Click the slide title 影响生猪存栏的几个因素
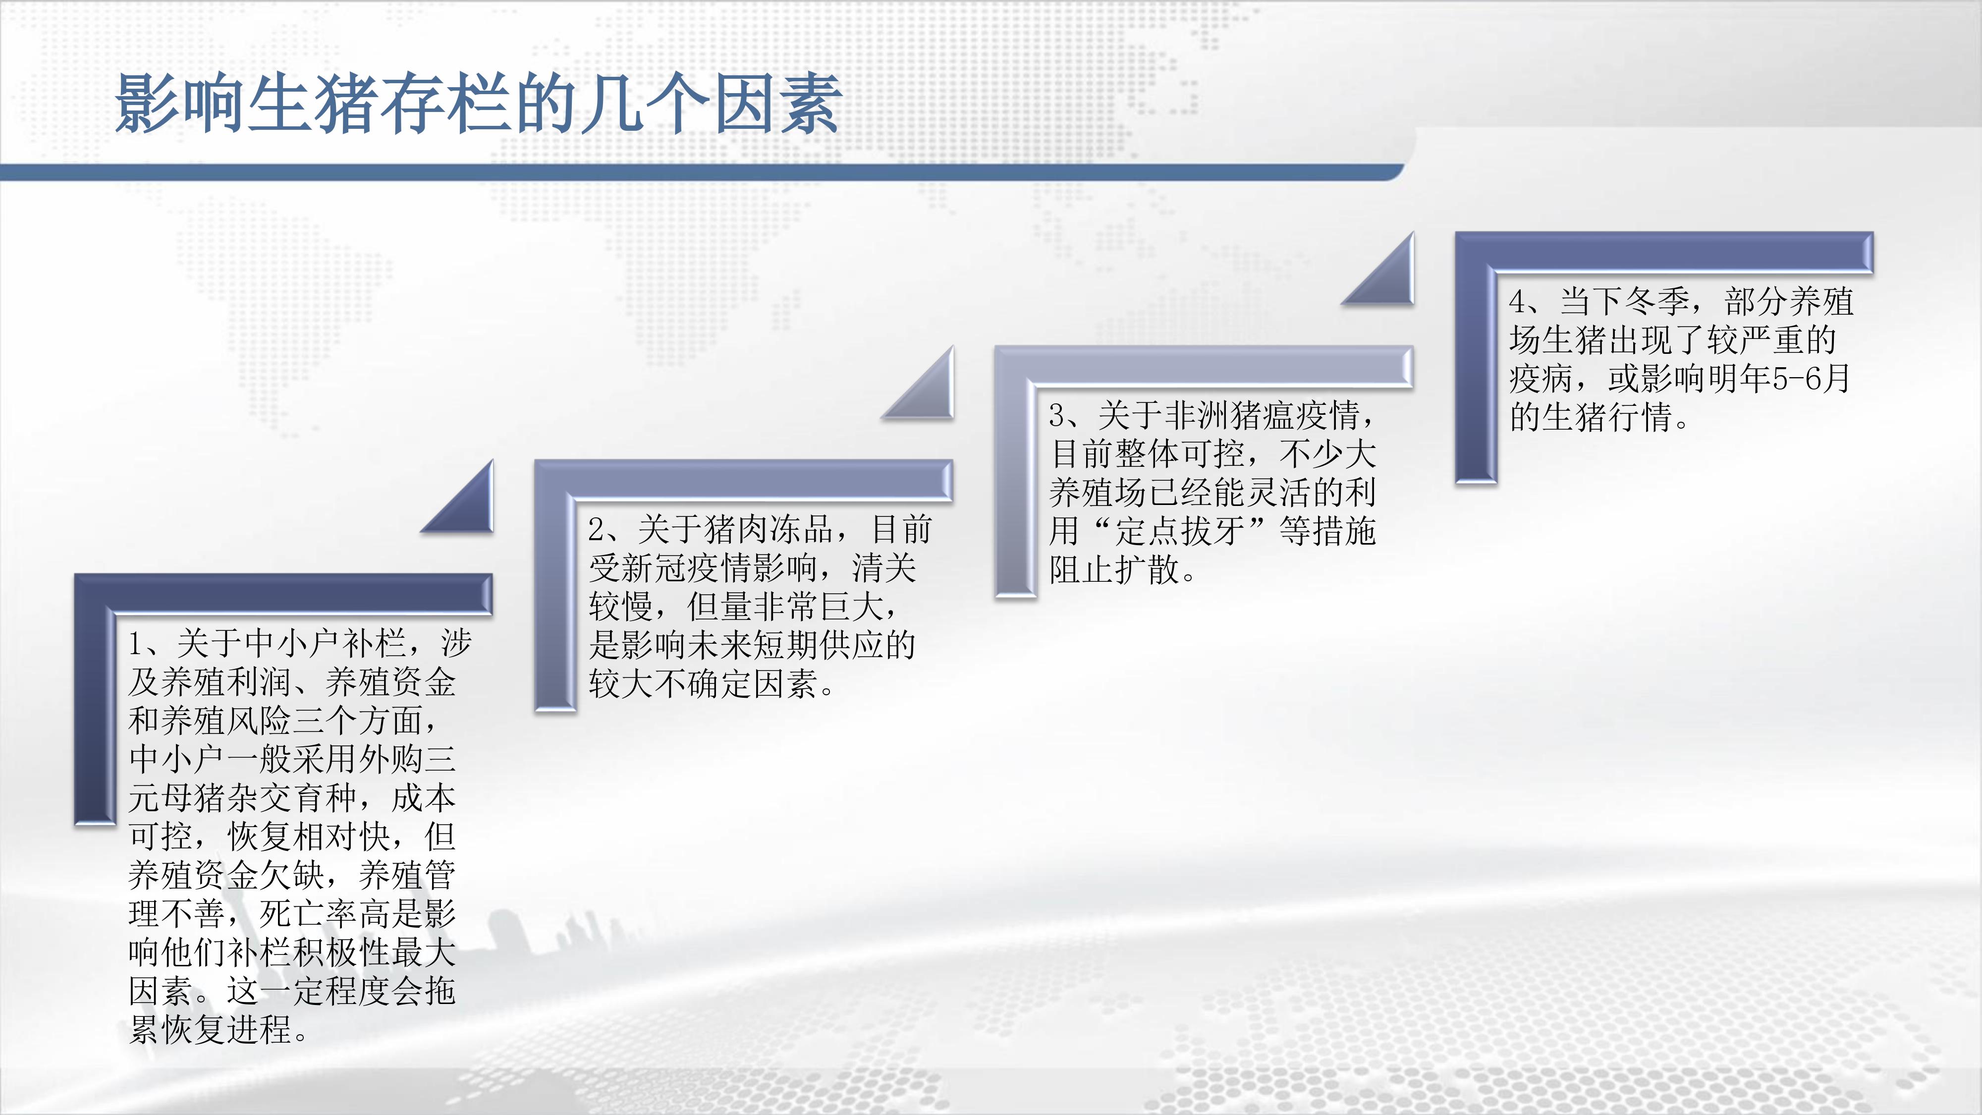[478, 104]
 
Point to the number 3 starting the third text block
[1058, 416]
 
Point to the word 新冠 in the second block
[655, 568]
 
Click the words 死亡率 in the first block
[309, 913]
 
